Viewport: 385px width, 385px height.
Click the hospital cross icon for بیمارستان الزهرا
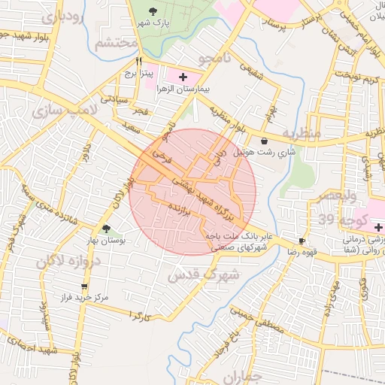[x=183, y=77]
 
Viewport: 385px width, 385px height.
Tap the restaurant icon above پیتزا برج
[x=138, y=62]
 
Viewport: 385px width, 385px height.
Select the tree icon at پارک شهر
[x=154, y=11]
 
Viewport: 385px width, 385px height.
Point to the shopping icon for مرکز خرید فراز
[x=84, y=286]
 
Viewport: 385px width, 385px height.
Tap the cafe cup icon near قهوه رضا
[x=302, y=241]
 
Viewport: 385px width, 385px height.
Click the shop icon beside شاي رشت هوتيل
[x=264, y=141]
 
